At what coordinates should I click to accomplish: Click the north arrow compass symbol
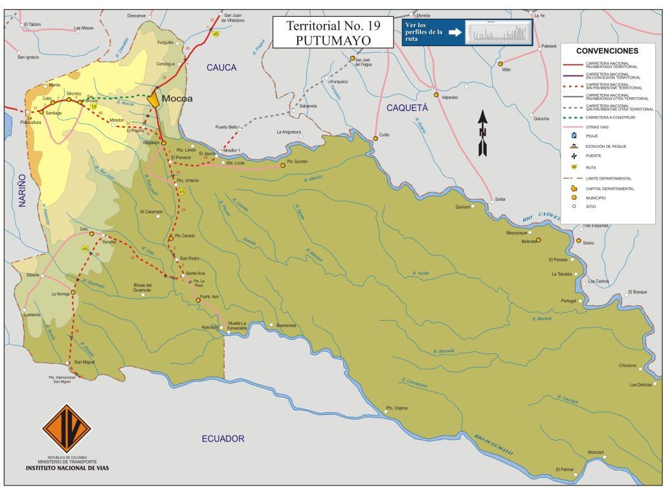(482, 133)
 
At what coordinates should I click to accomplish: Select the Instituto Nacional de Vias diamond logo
(66, 429)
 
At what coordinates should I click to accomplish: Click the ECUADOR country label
(223, 439)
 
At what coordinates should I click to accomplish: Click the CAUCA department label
(221, 67)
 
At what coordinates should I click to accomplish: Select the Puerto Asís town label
(210, 296)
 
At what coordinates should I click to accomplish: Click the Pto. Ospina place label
(397, 408)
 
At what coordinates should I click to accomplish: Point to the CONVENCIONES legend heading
(607, 51)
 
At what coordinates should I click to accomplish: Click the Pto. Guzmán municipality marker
(283, 165)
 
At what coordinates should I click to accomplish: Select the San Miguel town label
(85, 362)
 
